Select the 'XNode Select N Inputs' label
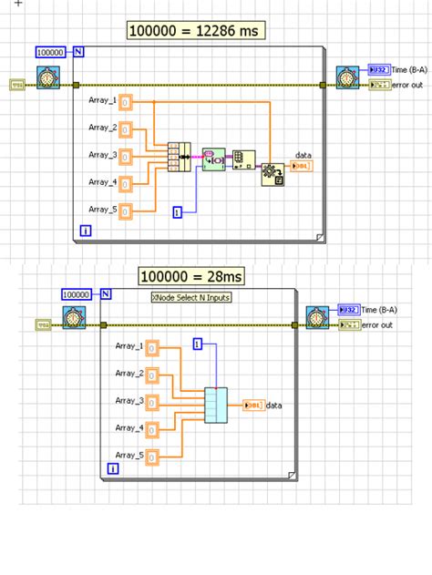(x=190, y=297)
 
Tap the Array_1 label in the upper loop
(x=102, y=100)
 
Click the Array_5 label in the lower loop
(x=130, y=455)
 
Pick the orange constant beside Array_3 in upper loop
(x=127, y=156)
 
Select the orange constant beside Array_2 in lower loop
(x=153, y=375)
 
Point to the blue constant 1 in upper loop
(x=179, y=211)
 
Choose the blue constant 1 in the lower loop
(x=197, y=344)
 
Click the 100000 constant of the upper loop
(x=52, y=52)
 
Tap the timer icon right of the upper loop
(x=346, y=75)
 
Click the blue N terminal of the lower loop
(x=106, y=293)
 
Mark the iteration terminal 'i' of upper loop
(x=85, y=231)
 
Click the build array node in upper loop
(x=177, y=157)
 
